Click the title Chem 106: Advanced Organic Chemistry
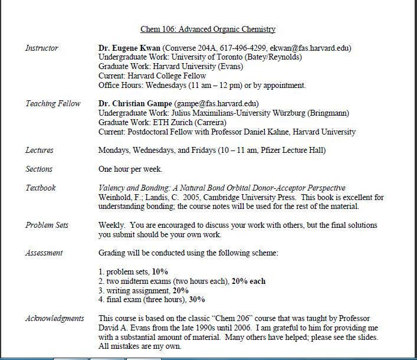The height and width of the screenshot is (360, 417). (x=208, y=29)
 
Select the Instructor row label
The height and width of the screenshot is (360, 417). (x=42, y=48)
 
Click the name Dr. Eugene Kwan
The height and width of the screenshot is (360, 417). (x=129, y=48)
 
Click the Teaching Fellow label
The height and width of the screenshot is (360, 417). (x=53, y=103)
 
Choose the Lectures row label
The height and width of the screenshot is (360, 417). (x=40, y=150)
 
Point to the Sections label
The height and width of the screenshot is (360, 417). (x=39, y=169)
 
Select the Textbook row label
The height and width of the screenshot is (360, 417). (x=41, y=188)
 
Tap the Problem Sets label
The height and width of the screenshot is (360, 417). (x=47, y=225)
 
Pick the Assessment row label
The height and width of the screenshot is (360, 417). (x=44, y=253)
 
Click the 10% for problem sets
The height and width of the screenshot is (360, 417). (x=160, y=271)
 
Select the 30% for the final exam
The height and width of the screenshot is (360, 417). (x=197, y=300)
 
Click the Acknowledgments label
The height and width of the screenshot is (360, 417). (x=55, y=318)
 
